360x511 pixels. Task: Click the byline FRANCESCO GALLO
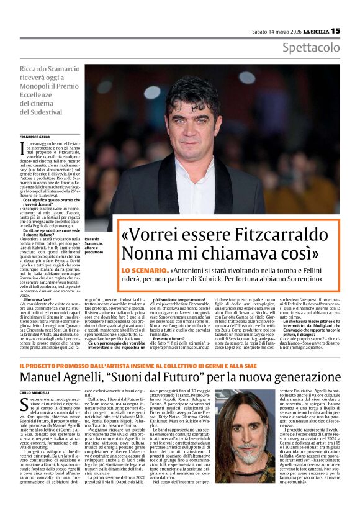coord(35,136)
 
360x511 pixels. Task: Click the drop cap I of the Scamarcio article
coord(22,148)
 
